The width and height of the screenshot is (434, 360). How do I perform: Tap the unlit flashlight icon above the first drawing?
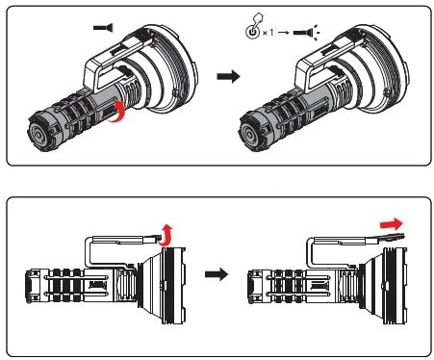pyautogui.click(x=99, y=29)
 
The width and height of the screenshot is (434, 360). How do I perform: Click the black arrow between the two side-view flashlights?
pyautogui.click(x=217, y=274)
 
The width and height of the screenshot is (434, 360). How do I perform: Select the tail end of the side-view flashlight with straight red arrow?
pyautogui.click(x=254, y=287)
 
